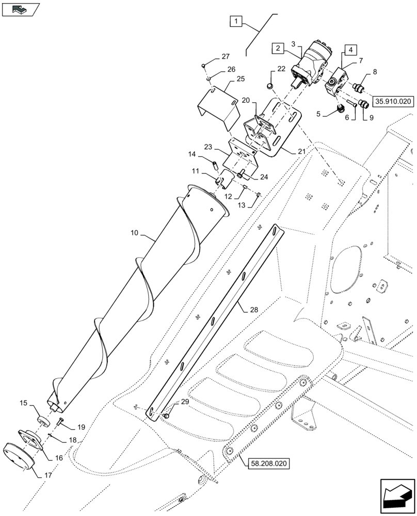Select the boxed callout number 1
click(235, 22)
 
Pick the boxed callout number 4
click(350, 50)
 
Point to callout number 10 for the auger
click(134, 233)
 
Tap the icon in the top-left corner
click(20, 9)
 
